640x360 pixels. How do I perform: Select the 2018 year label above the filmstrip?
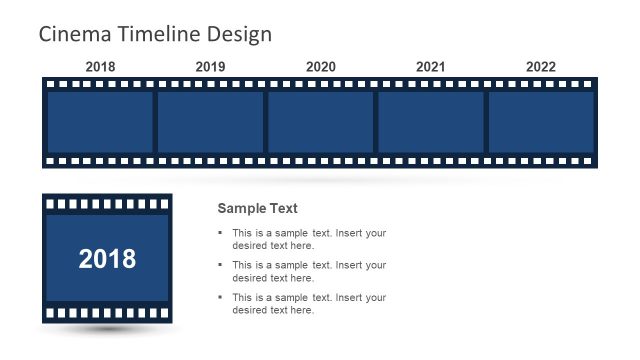[x=100, y=67]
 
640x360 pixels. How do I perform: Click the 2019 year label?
[x=210, y=67]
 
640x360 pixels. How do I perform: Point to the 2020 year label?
[x=320, y=67]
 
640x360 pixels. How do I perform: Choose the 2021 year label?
[x=430, y=67]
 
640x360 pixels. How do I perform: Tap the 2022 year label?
[x=540, y=67]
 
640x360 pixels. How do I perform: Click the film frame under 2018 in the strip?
[x=100, y=122]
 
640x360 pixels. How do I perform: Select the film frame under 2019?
[x=210, y=122]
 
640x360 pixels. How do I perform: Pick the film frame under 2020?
[x=320, y=122]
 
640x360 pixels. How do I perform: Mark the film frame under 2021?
[x=430, y=122]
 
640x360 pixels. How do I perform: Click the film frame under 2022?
[x=540, y=122]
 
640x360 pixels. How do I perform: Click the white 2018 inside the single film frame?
[x=107, y=259]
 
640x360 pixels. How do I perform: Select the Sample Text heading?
[x=257, y=209]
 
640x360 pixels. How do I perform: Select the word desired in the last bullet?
[x=250, y=310]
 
